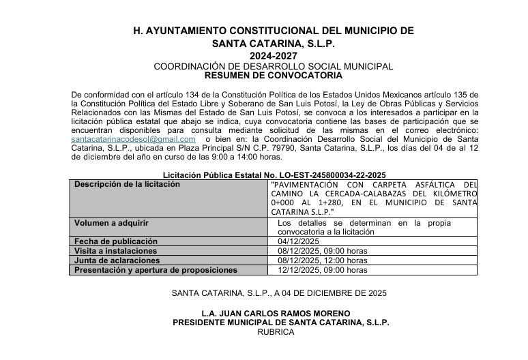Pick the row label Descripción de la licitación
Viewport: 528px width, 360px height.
[127, 184]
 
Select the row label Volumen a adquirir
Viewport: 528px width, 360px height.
[111, 222]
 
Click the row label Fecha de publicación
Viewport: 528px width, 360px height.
[116, 241]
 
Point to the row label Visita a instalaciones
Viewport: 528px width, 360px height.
[116, 251]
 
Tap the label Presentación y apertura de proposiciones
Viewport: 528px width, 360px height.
[156, 270]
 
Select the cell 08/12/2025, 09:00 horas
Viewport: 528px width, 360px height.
[323, 251]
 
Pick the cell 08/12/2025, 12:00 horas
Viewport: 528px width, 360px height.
[323, 260]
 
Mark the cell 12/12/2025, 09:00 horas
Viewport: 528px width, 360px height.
[323, 270]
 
